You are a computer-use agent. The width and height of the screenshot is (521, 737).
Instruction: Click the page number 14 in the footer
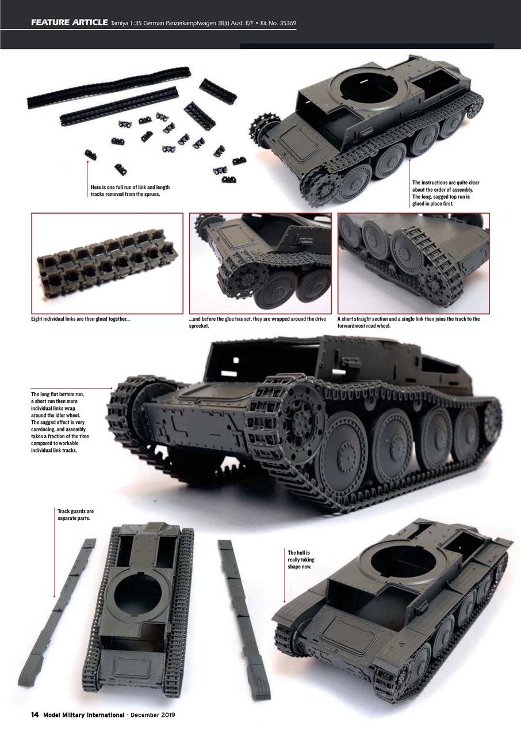coord(35,715)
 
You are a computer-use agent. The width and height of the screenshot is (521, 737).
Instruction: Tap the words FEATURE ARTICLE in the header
coord(70,23)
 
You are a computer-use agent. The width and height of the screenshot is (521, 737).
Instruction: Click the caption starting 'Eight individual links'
coord(80,319)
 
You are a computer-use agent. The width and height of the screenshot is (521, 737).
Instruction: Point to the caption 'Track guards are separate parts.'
coord(75,514)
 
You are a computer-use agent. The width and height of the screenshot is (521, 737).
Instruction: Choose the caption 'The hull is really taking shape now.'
coord(301,560)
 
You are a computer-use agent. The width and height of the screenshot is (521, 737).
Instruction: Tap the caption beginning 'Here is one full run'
coord(130,191)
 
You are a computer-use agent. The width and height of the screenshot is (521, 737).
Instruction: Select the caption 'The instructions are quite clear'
coord(446,193)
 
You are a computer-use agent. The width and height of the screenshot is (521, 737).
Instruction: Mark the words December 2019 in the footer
coord(152,715)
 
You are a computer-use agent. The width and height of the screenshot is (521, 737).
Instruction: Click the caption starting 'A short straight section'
coord(408,322)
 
